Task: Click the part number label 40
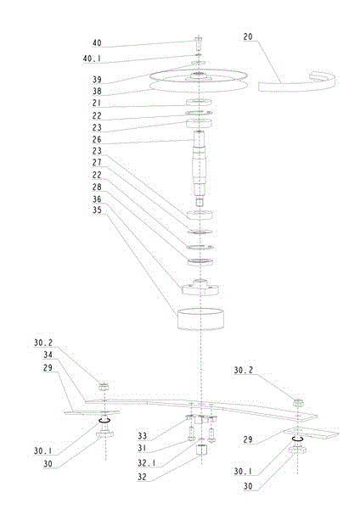(97, 43)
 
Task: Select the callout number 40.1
(92, 59)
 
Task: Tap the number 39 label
(97, 80)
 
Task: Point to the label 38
(97, 92)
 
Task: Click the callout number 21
(97, 103)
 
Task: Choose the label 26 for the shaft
(97, 140)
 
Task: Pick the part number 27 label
(97, 163)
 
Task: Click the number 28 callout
(97, 187)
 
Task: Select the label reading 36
(97, 199)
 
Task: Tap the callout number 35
(97, 210)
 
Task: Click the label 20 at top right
(248, 37)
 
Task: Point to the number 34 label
(48, 355)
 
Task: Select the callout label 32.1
(147, 463)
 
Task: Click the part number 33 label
(142, 436)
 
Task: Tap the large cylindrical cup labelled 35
(200, 319)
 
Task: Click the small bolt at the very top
(198, 43)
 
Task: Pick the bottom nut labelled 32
(201, 450)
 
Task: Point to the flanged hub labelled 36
(200, 288)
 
